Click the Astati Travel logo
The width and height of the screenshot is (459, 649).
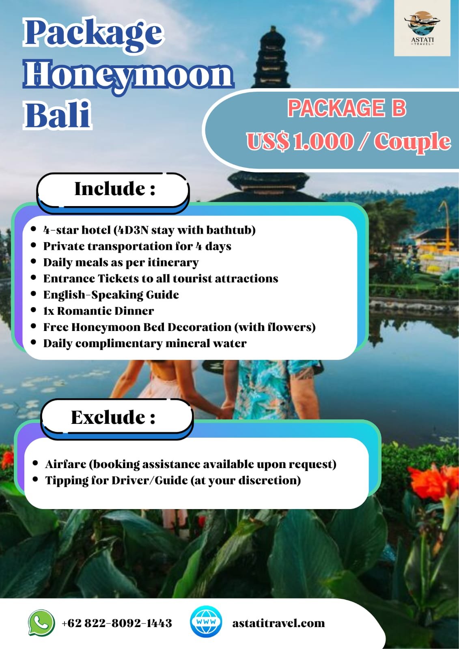[422, 28]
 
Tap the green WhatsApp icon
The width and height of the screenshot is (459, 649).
[41, 622]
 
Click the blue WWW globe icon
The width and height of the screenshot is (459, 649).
[206, 622]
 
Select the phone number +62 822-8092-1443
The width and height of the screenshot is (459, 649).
[116, 623]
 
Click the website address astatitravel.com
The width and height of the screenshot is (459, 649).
[278, 623]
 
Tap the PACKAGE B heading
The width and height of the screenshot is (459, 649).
[347, 108]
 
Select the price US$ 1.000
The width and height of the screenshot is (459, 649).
[300, 141]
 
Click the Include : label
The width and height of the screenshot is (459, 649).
[115, 189]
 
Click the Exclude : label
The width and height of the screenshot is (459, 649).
[113, 417]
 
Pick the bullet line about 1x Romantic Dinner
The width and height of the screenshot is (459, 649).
[99, 311]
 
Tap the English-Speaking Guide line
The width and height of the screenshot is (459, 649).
[111, 294]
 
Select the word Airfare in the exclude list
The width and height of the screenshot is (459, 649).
[66, 464]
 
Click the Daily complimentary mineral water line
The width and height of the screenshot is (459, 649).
[145, 344]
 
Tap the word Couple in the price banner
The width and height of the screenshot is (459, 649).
[412, 142]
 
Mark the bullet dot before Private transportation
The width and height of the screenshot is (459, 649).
[34, 245]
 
